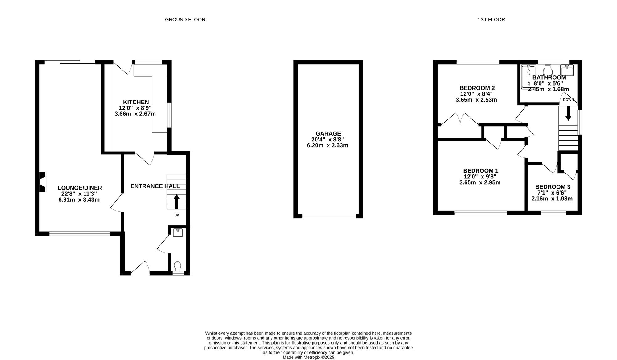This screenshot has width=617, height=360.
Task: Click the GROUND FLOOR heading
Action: (x=185, y=19)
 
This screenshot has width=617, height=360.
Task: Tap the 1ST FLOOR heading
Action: (x=491, y=19)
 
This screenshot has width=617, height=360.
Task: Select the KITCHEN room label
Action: (x=136, y=102)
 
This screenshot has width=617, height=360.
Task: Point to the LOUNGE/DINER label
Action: (x=80, y=188)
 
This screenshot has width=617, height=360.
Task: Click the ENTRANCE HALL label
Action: (x=155, y=186)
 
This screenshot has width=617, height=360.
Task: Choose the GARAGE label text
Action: (x=328, y=134)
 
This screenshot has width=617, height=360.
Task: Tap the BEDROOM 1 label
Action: (x=481, y=171)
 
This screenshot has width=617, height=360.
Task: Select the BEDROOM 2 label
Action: (x=477, y=88)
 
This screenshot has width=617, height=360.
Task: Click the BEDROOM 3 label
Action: (x=553, y=187)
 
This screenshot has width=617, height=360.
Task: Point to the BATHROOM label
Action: (x=549, y=77)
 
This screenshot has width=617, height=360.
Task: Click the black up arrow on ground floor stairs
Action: (x=176, y=202)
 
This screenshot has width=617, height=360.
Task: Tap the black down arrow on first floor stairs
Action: (x=568, y=113)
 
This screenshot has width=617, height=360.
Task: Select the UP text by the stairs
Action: (x=176, y=215)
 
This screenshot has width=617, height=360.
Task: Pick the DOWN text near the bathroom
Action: (x=568, y=100)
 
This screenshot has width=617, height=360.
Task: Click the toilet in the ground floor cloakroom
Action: (x=178, y=266)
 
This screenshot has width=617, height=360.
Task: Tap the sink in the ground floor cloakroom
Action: (x=178, y=232)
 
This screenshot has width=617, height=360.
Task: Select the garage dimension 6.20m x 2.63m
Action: (x=327, y=145)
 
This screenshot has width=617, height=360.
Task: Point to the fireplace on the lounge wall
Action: (x=43, y=182)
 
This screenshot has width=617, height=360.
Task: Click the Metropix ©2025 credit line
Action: (x=308, y=357)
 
